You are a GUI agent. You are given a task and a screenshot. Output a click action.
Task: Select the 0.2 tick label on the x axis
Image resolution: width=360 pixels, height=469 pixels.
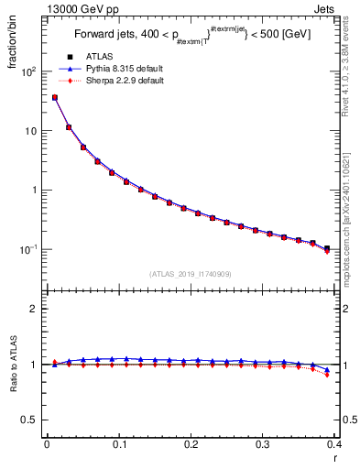(191, 444)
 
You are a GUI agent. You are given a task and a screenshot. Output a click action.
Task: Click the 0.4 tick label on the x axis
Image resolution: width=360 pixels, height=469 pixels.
(333, 444)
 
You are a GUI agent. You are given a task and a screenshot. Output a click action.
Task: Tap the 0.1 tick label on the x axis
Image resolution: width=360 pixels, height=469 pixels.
(118, 444)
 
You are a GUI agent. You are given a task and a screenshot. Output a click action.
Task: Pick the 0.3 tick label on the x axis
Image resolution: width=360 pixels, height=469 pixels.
(262, 444)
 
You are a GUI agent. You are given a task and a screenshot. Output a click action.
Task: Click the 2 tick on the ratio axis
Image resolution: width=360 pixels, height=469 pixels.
(35, 309)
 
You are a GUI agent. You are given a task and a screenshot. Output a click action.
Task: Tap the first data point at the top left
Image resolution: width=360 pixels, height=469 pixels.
(55, 97)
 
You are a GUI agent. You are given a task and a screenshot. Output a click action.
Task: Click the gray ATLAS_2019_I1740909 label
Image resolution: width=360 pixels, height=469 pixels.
(191, 274)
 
